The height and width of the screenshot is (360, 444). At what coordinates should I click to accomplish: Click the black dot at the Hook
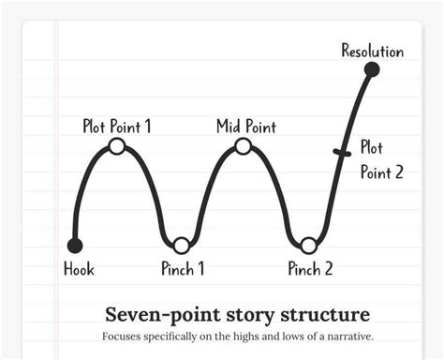pos(75,246)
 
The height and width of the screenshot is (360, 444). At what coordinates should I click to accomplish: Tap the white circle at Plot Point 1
pos(117,145)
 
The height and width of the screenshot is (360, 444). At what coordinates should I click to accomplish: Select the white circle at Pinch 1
pos(182,246)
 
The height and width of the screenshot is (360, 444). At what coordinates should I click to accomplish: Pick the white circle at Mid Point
pos(243,145)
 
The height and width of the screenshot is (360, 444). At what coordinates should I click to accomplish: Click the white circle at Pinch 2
pos(308,246)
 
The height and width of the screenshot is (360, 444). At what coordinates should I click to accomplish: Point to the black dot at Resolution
pos(372,69)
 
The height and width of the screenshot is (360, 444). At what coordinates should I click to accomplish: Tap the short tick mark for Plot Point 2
pos(341,151)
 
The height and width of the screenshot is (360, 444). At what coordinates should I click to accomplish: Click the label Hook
pos(79,270)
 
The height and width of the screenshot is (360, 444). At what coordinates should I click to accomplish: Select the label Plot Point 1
pos(116,126)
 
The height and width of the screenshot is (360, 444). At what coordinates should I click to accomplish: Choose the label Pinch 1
pos(183,270)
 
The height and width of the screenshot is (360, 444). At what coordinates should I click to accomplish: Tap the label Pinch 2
pos(310,270)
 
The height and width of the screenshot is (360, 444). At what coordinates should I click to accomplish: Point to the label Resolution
pos(372,51)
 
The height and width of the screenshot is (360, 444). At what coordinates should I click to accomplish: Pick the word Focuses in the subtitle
pos(122,336)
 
